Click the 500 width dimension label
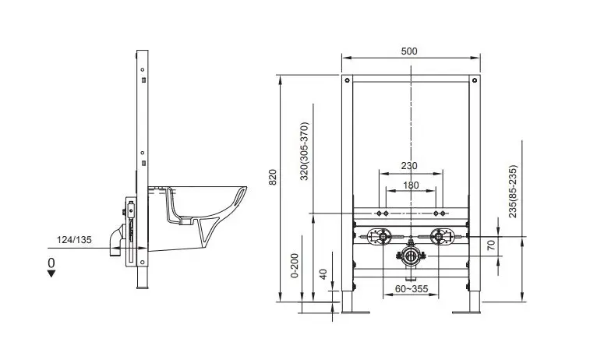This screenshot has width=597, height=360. pos(409,51)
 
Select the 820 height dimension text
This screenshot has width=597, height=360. pos(273,178)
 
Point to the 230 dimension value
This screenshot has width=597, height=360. pos(409,164)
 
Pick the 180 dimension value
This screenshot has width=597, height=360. pos(409,185)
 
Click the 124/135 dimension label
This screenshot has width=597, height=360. pos(74,239)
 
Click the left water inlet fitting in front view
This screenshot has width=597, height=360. pos(379,237)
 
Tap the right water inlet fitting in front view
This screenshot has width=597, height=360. pos(439,237)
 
